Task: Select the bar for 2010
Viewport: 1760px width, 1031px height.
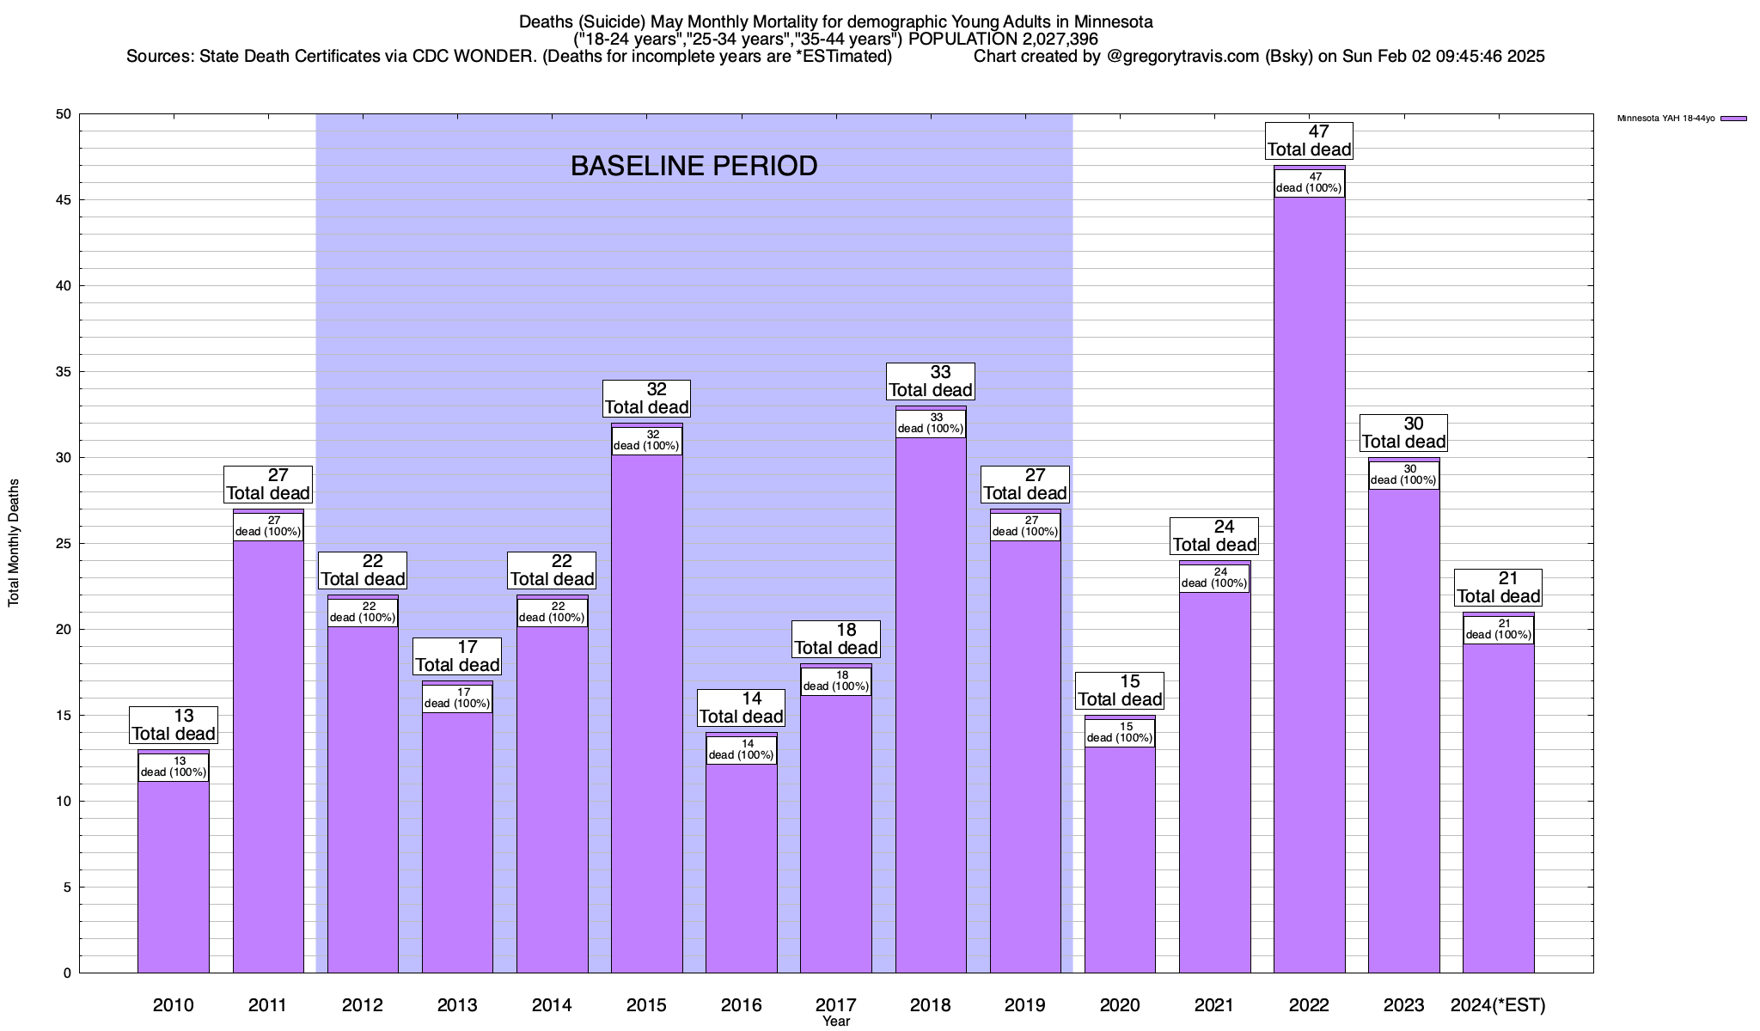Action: [x=174, y=876]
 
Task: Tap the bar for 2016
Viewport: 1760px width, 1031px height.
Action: [x=741, y=868]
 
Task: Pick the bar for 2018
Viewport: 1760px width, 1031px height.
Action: [x=931, y=705]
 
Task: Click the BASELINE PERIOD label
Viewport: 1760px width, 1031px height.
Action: [x=694, y=166]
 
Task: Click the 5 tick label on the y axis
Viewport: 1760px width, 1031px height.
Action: [x=66, y=888]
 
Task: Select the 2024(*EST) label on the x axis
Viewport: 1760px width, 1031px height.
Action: [x=1498, y=1005]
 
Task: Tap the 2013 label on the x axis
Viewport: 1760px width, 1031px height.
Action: [x=457, y=1005]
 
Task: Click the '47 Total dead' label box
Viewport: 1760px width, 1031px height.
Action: [x=1309, y=141]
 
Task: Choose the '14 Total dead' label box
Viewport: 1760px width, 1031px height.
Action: [x=741, y=708]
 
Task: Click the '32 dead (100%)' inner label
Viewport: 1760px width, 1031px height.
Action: [x=646, y=441]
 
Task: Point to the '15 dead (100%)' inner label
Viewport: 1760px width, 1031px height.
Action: [x=1120, y=733]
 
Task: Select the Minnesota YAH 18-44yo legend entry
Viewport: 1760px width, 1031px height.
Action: [x=1681, y=119]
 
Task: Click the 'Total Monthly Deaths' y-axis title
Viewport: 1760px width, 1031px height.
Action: [x=14, y=543]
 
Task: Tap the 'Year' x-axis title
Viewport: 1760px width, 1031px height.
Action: [x=835, y=1022]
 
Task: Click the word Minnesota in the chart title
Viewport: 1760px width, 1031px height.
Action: [x=1113, y=21]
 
